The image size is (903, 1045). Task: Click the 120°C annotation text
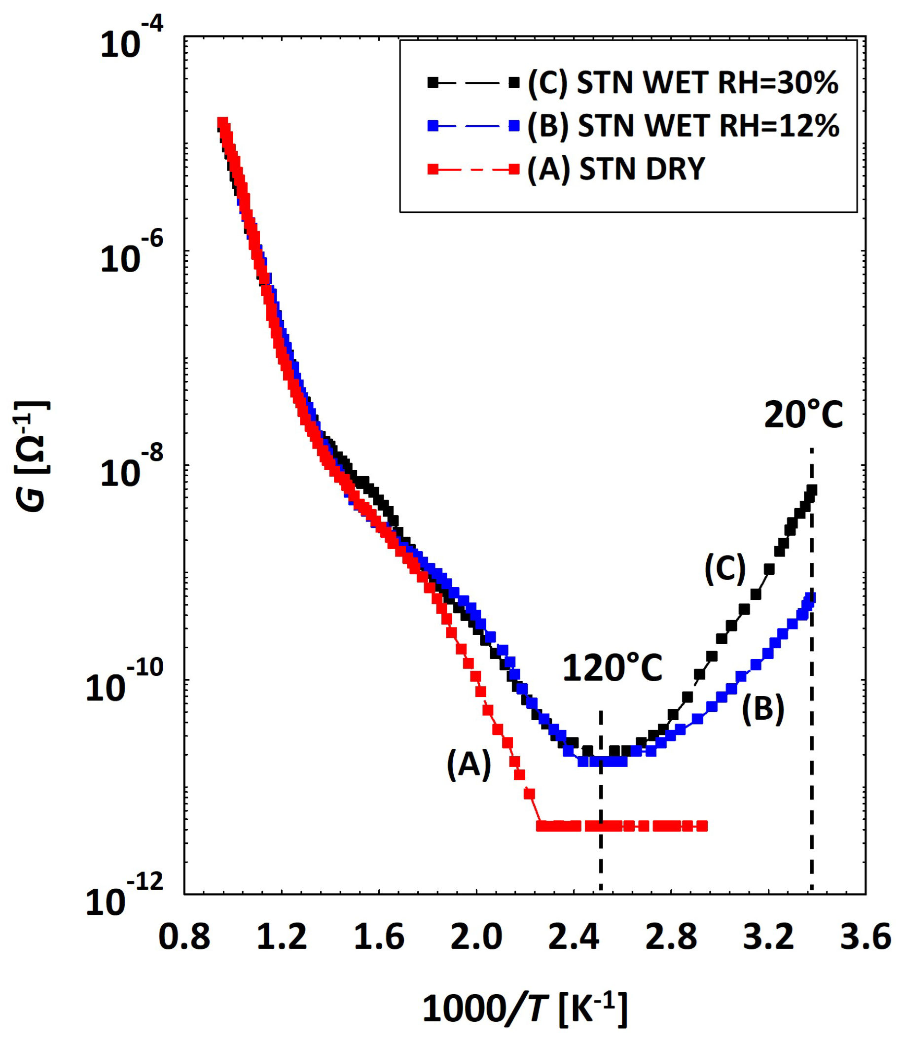coord(612,669)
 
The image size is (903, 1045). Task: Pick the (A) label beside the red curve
coord(469,764)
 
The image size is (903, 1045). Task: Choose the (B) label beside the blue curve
coord(763,709)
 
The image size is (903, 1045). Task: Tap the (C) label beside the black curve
coord(725,568)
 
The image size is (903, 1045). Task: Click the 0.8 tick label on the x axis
coord(184,937)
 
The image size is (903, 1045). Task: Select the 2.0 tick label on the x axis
coord(477,937)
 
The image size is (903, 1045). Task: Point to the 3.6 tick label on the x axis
coord(866,937)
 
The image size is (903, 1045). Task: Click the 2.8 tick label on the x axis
coord(671,937)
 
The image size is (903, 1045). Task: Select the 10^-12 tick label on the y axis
coord(125,901)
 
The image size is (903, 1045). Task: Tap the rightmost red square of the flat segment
coord(702,826)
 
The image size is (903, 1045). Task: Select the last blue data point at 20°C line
coord(811,597)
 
